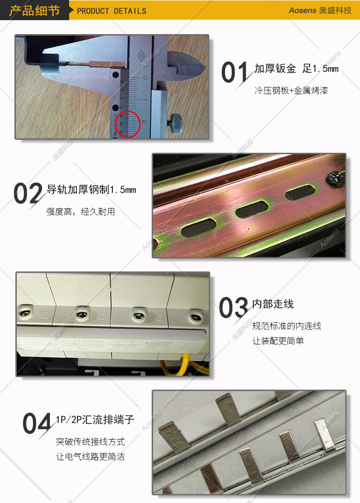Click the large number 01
pyautogui.click(x=235, y=73)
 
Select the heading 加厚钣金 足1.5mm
pyautogui.click(x=297, y=69)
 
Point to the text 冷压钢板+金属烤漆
pyautogui.click(x=291, y=90)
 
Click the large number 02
pyautogui.click(x=28, y=193)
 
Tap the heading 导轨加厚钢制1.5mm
pyautogui.click(x=91, y=190)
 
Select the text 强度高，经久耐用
pyautogui.click(x=81, y=212)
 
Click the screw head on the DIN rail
pyautogui.click(x=335, y=178)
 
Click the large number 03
pyautogui.click(x=234, y=307)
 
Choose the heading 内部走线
pyautogui.click(x=273, y=304)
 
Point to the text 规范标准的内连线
pyautogui.click(x=287, y=326)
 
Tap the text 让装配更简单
pyautogui.click(x=278, y=341)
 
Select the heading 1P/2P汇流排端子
pyautogui.click(x=95, y=419)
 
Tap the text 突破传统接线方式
pyautogui.click(x=90, y=442)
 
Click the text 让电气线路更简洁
pyautogui.click(x=90, y=456)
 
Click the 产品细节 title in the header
pyautogui.click(x=35, y=11)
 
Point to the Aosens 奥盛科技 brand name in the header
pyautogui.click(x=320, y=10)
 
